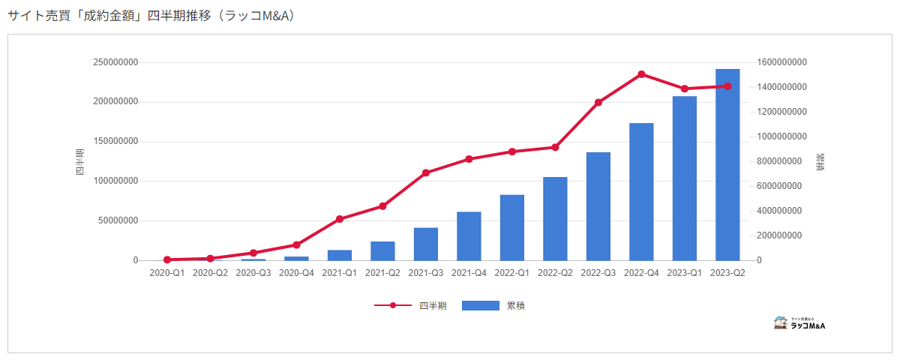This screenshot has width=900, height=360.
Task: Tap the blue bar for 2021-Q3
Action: coord(425,244)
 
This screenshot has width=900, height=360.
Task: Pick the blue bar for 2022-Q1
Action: coord(511,228)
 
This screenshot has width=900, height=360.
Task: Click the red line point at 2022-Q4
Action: coord(641,74)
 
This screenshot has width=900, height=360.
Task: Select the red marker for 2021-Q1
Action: coord(339,219)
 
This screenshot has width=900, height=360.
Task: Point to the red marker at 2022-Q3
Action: coord(598,102)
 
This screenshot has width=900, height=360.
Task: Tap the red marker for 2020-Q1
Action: coord(167,259)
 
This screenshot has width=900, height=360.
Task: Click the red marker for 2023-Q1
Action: coord(684,88)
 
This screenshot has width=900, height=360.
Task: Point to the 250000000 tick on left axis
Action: coord(115,62)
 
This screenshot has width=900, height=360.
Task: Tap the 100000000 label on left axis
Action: coord(115,181)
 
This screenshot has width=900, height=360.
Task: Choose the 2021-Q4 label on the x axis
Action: coord(469,273)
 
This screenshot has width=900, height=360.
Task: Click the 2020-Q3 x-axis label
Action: coord(253,273)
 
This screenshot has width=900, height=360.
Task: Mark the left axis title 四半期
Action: coord(79,162)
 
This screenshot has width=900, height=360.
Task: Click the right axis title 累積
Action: coord(820,162)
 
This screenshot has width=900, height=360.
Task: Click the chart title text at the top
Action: coord(151,16)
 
